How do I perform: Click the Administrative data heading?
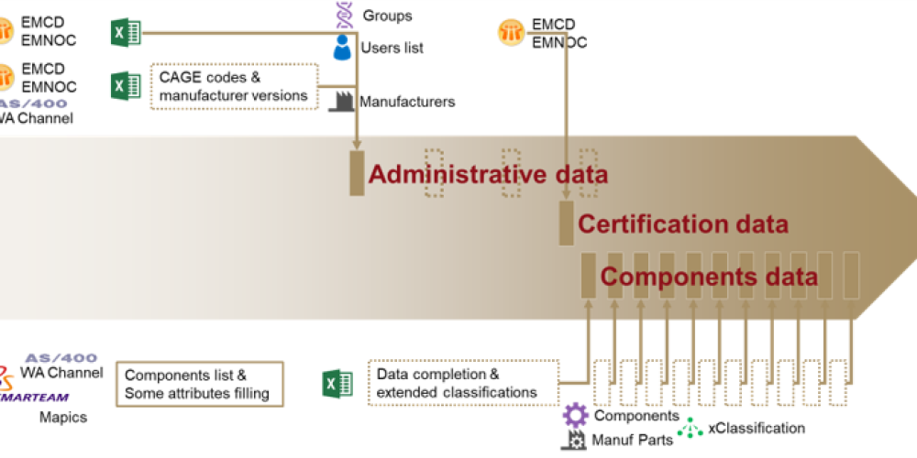click(488, 174)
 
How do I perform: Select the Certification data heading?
click(682, 224)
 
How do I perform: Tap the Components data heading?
click(709, 277)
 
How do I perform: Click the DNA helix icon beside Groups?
click(343, 14)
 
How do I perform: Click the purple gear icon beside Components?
click(575, 415)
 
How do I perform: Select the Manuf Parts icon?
click(574, 440)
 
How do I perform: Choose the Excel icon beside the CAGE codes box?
click(126, 86)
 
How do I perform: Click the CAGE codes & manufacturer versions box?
click(234, 86)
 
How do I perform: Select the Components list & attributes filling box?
click(198, 384)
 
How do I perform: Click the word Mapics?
click(61, 417)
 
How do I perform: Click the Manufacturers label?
click(407, 102)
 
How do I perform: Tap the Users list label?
click(392, 48)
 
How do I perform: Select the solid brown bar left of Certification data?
click(567, 224)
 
